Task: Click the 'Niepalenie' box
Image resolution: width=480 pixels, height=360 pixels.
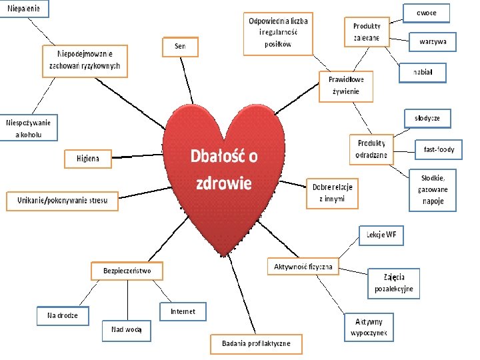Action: (x=23, y=9)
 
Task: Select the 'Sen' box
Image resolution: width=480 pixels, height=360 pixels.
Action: (x=180, y=46)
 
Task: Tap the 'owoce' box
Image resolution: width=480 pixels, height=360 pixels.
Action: (x=427, y=13)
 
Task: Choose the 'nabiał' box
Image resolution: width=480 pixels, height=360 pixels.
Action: (x=423, y=72)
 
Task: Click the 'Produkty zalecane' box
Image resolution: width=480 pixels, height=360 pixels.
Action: (x=367, y=32)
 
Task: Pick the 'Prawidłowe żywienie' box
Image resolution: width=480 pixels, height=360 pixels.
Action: (x=346, y=85)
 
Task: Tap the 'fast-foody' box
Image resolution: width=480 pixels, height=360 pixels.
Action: (x=439, y=150)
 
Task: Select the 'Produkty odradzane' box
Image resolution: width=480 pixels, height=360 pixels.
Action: (x=371, y=149)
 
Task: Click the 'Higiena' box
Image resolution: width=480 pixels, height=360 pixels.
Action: (x=87, y=159)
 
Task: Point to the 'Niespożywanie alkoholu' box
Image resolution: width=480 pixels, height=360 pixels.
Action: (x=29, y=127)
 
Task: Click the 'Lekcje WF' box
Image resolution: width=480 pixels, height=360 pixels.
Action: (x=381, y=235)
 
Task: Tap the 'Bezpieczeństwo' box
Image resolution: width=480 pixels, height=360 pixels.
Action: (x=127, y=271)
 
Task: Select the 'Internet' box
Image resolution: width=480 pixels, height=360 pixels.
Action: (x=183, y=311)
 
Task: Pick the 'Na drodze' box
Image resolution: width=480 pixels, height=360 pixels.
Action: (x=62, y=315)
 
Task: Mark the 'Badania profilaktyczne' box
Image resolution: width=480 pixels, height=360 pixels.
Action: (x=256, y=343)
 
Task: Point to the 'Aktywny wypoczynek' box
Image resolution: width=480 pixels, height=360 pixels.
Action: (x=369, y=327)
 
